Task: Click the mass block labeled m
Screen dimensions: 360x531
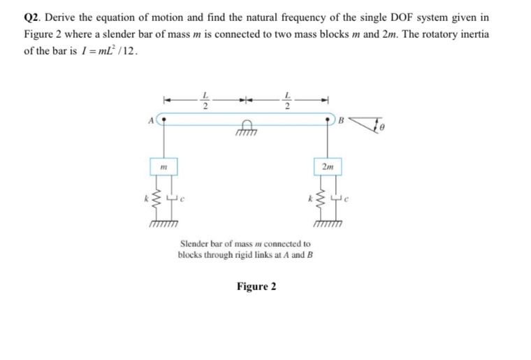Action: (x=163, y=168)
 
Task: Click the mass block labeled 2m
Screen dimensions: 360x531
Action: (x=328, y=168)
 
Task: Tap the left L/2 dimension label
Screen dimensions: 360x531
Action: (x=205, y=101)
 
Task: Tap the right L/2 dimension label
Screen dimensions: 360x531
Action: (x=287, y=101)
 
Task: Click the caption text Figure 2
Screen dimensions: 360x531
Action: (x=256, y=287)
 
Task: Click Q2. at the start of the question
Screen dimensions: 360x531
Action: (x=32, y=17)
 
